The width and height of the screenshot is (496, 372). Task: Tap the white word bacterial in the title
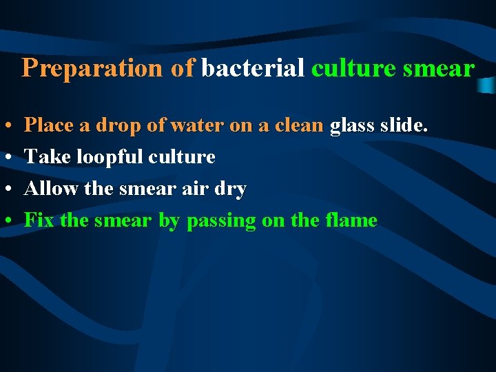click(x=253, y=69)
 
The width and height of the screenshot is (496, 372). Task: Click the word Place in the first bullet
click(x=48, y=125)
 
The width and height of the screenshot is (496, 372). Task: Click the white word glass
click(x=353, y=125)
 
